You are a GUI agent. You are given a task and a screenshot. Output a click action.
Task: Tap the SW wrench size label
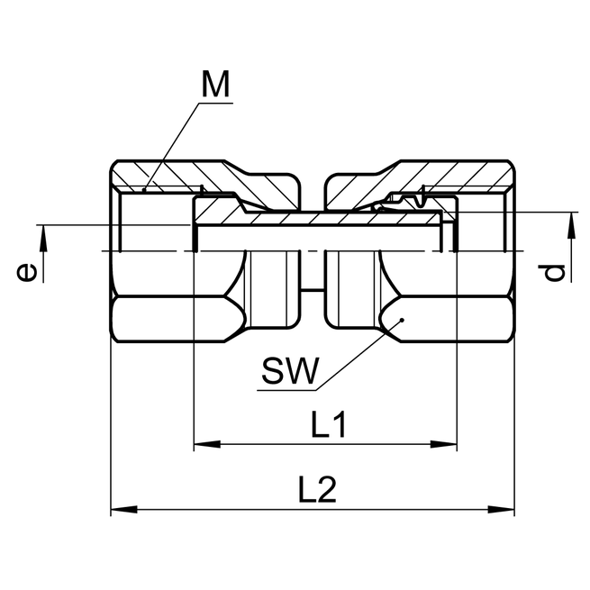[290, 370]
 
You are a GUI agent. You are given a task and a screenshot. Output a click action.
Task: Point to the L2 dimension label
[318, 490]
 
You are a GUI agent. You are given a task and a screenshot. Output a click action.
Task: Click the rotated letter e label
[29, 271]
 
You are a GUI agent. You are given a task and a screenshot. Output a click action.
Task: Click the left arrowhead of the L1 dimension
[204, 443]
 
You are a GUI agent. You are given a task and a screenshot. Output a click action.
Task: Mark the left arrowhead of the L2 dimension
[120, 511]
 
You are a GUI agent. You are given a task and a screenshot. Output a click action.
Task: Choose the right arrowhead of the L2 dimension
[506, 511]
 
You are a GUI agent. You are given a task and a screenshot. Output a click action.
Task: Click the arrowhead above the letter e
[41, 236]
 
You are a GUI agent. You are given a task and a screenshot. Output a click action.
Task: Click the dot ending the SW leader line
[403, 319]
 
